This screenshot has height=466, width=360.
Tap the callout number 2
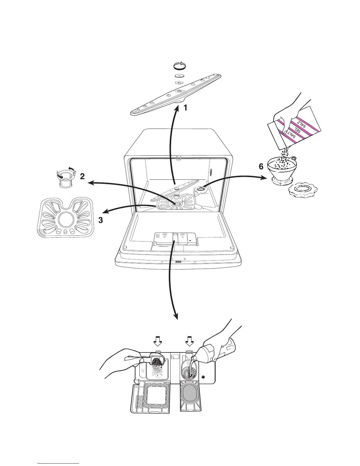(82, 177)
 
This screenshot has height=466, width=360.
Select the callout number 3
(101, 220)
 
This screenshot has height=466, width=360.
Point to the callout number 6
(261, 167)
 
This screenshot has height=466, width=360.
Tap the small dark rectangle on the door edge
(178, 262)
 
